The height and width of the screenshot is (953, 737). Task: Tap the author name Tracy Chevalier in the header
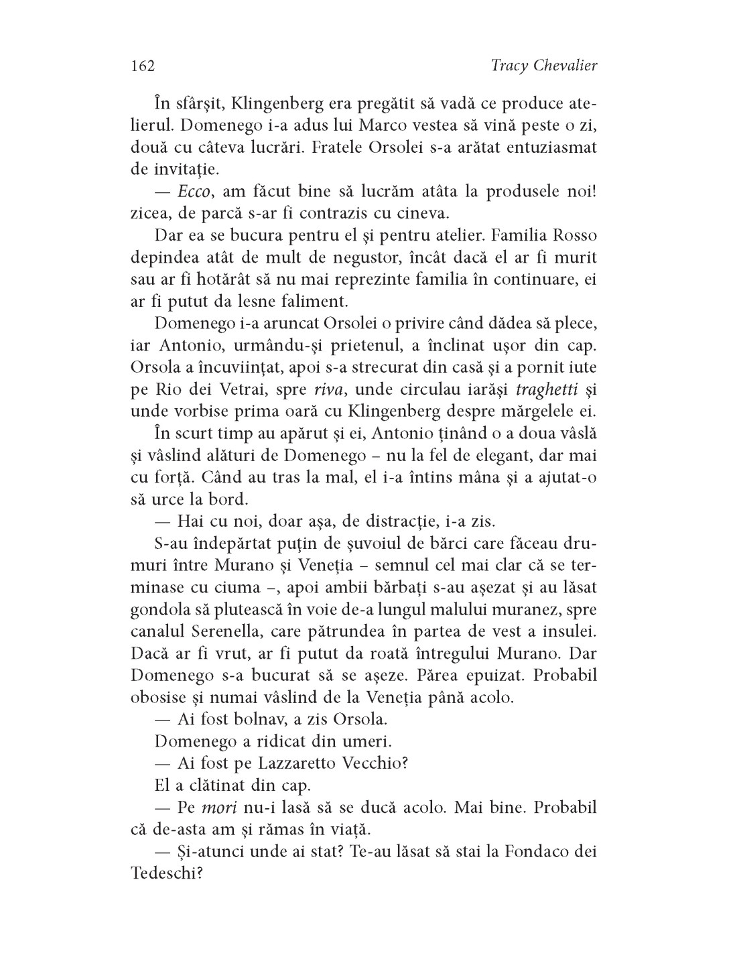pos(543,66)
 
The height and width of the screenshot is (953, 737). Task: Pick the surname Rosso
pos(573,236)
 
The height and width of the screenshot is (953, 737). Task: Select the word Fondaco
pos(537,851)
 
